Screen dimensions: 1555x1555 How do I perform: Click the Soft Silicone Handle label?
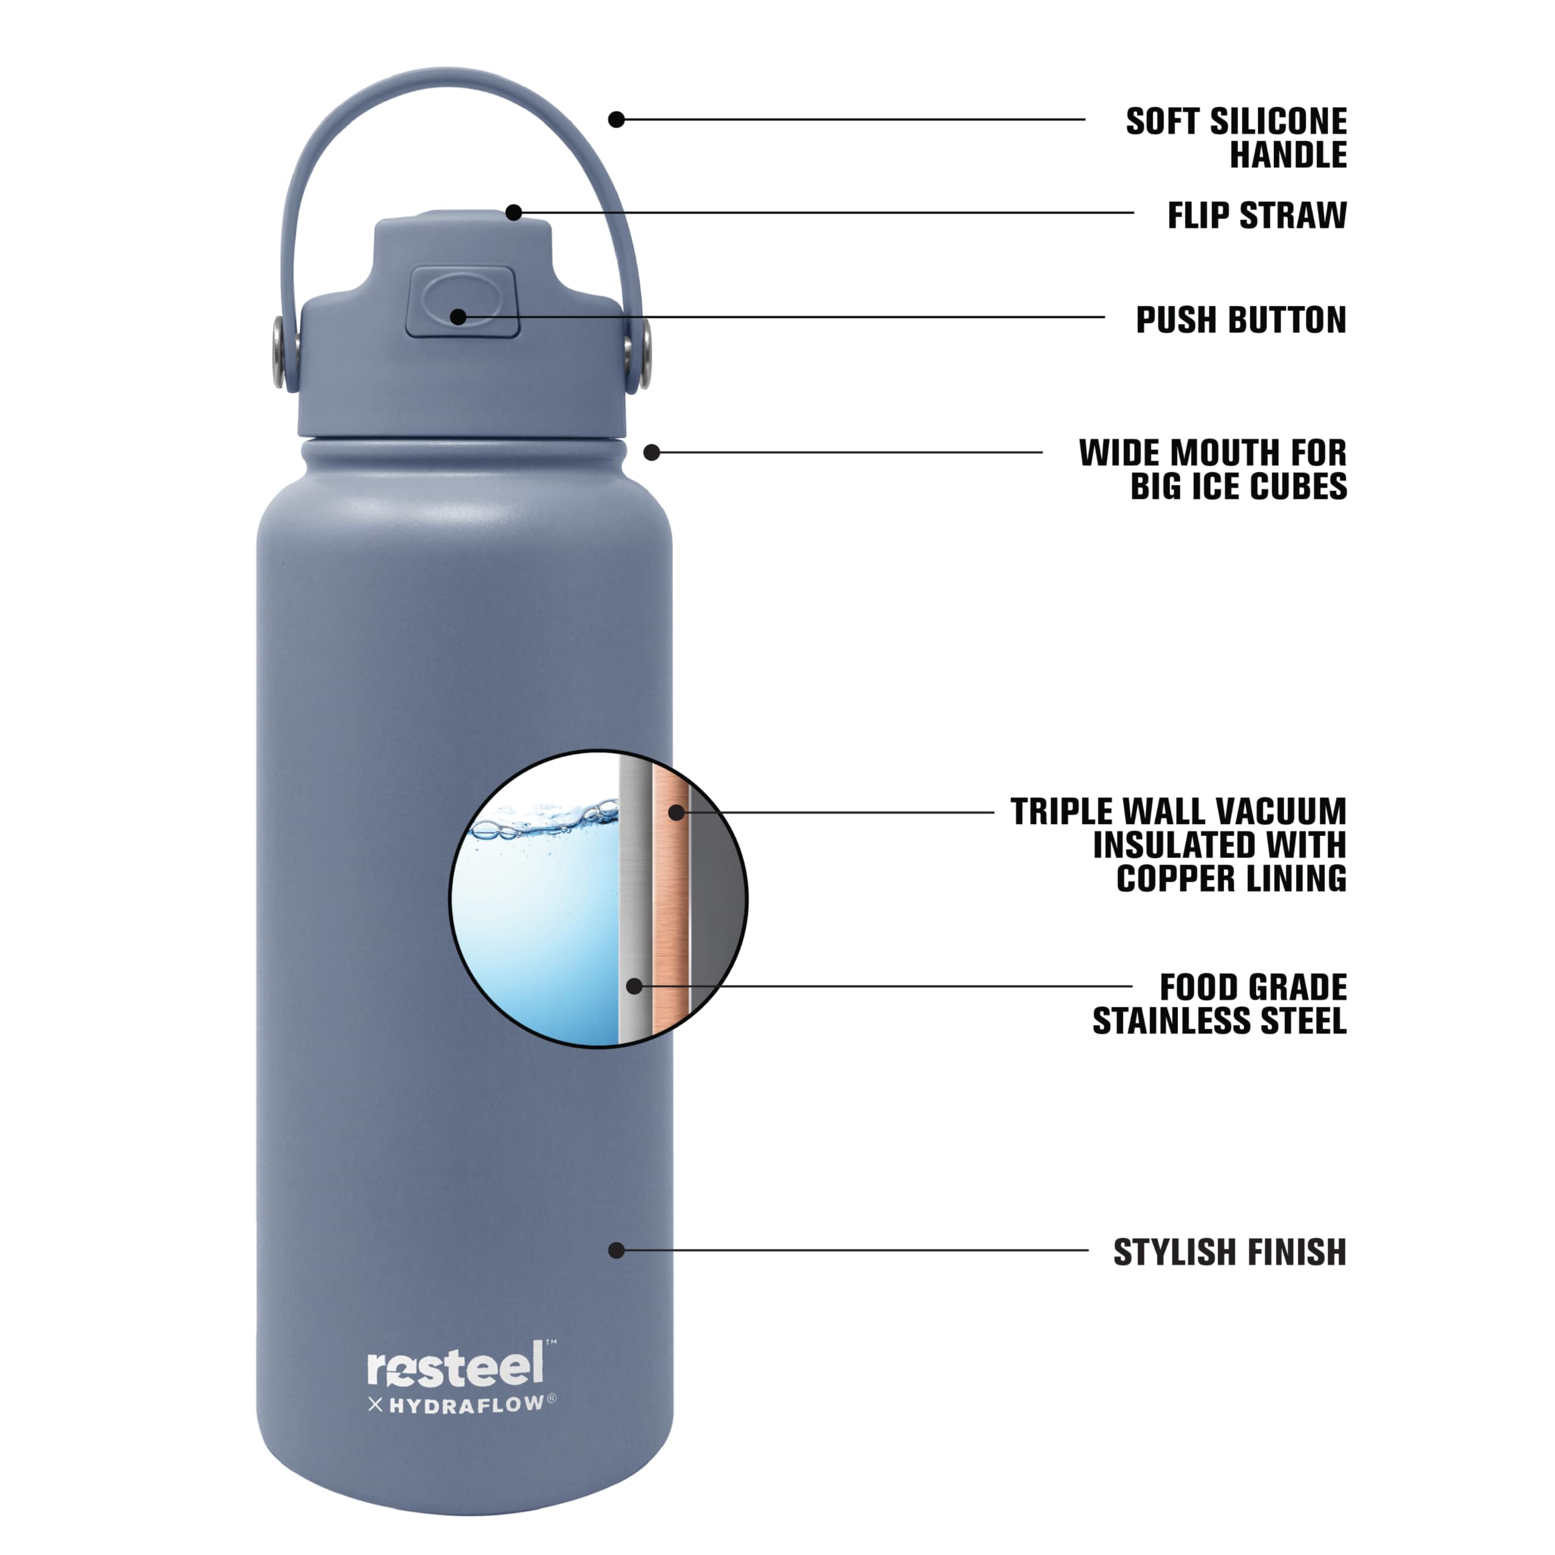click(1235, 138)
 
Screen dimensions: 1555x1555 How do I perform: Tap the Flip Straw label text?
click(1256, 215)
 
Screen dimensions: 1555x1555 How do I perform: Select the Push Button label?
click(1240, 320)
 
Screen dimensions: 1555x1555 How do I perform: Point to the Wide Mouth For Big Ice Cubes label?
click(1212, 470)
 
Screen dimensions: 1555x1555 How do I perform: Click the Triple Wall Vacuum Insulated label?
click(1178, 844)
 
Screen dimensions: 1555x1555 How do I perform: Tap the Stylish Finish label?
click(1229, 1253)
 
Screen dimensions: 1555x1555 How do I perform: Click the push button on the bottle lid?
click(462, 302)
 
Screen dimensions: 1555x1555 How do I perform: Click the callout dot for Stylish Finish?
click(617, 1250)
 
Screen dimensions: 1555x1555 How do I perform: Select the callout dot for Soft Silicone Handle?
click(617, 120)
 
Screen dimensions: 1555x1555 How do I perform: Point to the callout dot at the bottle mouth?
click(652, 453)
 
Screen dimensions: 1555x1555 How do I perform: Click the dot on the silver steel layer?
click(634, 986)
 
